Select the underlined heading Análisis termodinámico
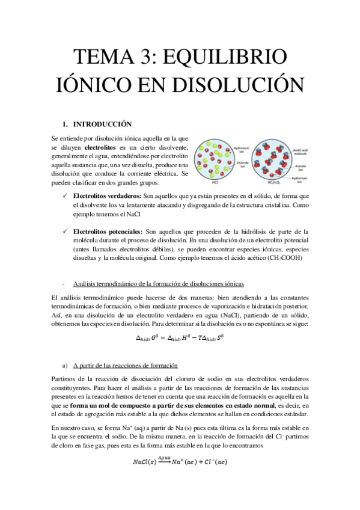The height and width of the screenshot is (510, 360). pos(159,284)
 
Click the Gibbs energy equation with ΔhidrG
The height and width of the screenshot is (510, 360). pos(180,338)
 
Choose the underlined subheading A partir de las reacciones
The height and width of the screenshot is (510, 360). pos(124,366)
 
